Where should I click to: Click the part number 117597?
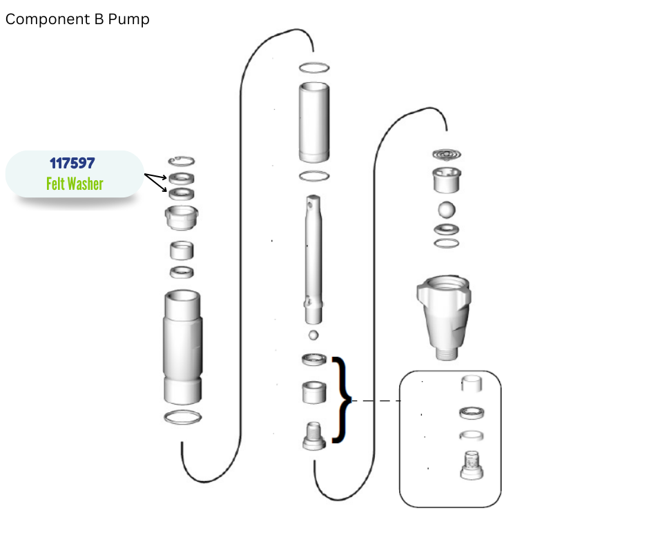click(72, 163)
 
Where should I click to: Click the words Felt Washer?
click(75, 184)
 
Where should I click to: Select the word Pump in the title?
click(128, 19)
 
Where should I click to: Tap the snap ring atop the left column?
click(182, 161)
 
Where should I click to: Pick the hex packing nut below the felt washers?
click(182, 217)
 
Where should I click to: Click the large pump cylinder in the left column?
click(182, 347)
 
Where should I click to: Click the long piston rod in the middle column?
click(313, 260)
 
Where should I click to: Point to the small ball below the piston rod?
click(313, 335)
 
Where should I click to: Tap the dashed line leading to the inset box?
click(376, 400)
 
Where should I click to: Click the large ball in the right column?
click(447, 209)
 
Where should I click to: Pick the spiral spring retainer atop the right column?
click(447, 155)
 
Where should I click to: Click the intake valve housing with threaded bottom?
click(444, 317)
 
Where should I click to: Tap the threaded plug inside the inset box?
click(472, 465)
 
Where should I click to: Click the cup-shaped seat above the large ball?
click(447, 179)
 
